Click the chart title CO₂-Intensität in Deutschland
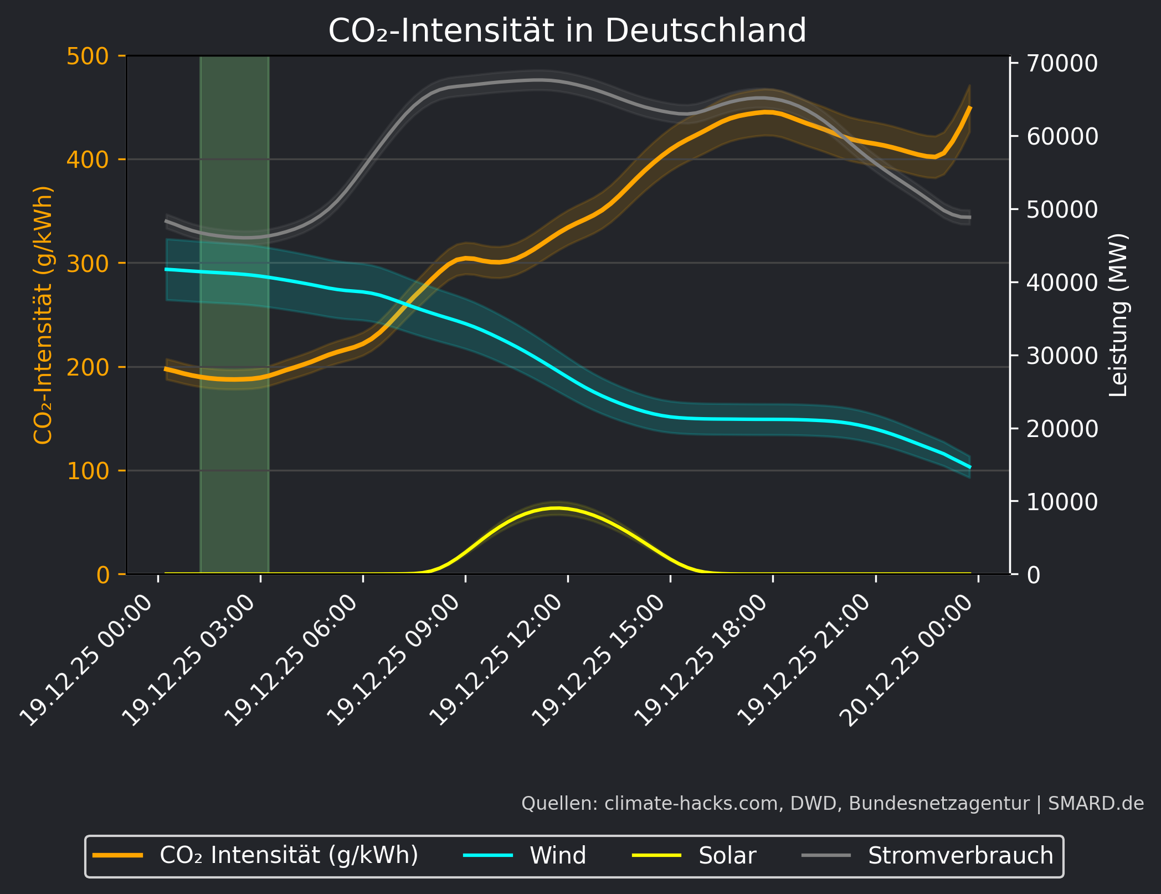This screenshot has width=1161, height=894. [x=567, y=30]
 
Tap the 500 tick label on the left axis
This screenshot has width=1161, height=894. [x=88, y=56]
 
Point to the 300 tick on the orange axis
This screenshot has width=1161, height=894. [x=88, y=264]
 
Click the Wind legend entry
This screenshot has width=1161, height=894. [x=557, y=856]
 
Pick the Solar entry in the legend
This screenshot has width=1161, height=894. [x=727, y=856]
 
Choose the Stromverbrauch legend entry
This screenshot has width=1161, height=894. [x=960, y=856]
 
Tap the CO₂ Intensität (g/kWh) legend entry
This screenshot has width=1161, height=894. [x=288, y=856]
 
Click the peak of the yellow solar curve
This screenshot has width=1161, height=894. [x=557, y=507]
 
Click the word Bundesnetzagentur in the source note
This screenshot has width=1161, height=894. [x=939, y=803]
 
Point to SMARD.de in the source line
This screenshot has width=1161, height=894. [x=1096, y=803]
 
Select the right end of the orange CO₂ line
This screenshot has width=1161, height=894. [x=970, y=107]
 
